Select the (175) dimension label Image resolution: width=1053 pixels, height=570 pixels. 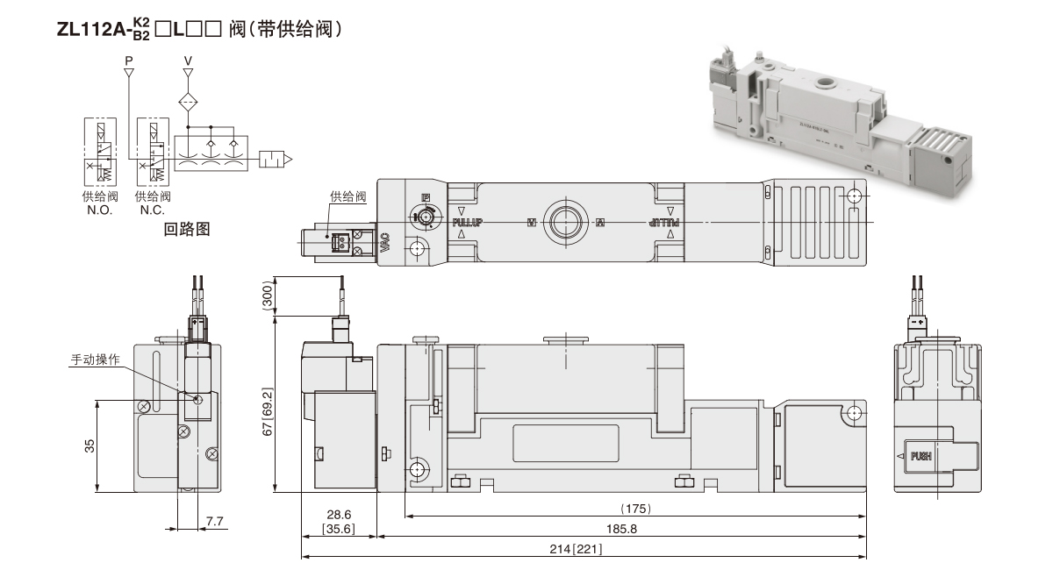click(x=634, y=509)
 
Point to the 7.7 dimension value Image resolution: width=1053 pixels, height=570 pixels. click(x=216, y=522)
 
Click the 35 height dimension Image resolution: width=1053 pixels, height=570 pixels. click(x=90, y=445)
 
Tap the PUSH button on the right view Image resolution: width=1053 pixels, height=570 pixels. click(x=920, y=456)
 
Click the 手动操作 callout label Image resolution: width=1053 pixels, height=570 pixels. click(x=96, y=360)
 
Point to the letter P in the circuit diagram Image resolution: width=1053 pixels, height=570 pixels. click(x=129, y=61)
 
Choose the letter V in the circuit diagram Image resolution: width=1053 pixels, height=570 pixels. click(x=187, y=61)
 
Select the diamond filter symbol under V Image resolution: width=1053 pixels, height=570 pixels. click(x=188, y=101)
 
